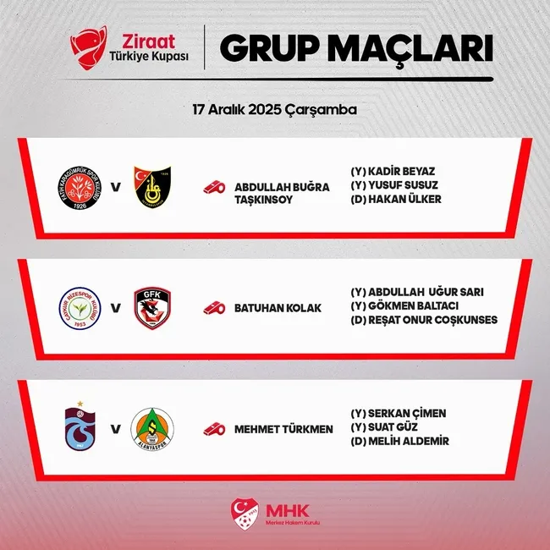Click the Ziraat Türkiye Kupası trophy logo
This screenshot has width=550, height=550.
point(88,48)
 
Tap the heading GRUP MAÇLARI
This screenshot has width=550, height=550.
point(355,49)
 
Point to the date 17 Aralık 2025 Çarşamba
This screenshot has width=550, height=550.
point(274,110)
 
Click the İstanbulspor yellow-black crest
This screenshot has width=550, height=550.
point(152,186)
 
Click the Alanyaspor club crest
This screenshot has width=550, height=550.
point(152,428)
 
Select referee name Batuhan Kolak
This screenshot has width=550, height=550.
point(278,308)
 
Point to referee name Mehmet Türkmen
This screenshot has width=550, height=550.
point(283,429)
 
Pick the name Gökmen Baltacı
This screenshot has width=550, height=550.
point(400,306)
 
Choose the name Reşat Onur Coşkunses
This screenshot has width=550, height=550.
point(424,320)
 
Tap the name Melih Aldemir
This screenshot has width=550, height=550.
point(399,441)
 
